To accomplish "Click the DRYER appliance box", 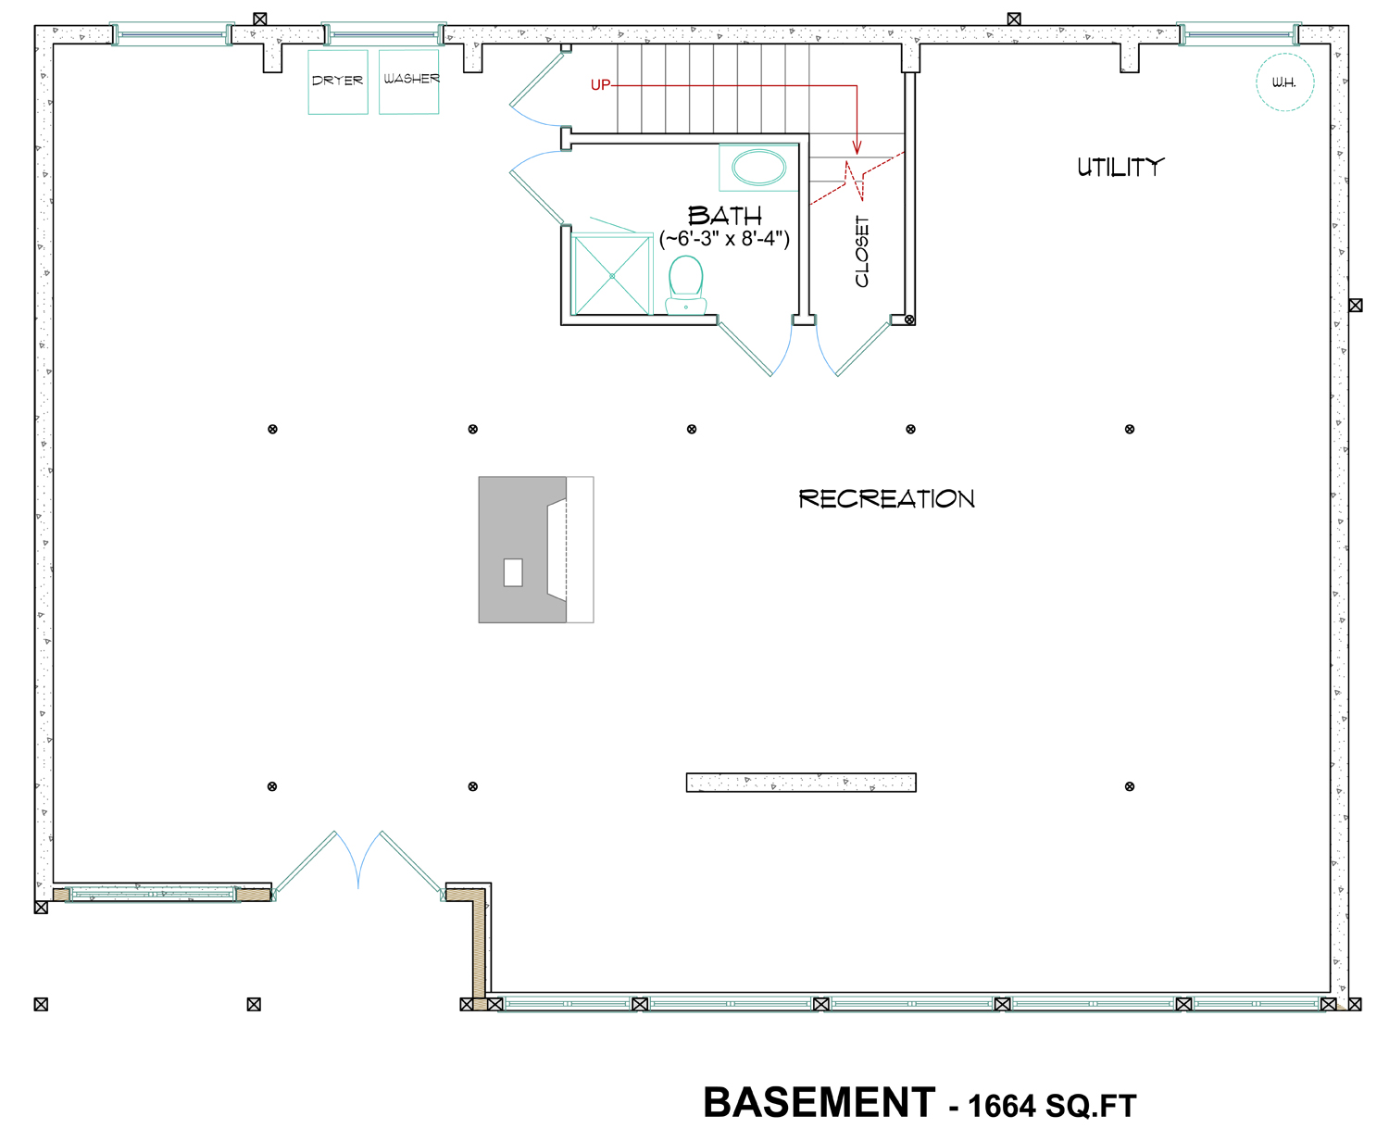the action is coord(337,81).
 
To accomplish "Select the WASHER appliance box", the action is coord(408,81).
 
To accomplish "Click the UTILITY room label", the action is coord(1120,168).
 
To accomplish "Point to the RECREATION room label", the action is coord(886,498).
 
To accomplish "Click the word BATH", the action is coord(724,216).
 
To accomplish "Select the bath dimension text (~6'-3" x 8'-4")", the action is coord(724,238).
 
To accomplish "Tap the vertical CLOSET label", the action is coord(861,251).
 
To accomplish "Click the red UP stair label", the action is coord(600,85).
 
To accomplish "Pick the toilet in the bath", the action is coord(685,284).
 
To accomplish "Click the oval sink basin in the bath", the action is coord(758,168).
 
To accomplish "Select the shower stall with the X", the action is coord(612,275).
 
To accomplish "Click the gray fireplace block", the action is coord(522,549).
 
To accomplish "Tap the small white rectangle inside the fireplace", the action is coord(513,572).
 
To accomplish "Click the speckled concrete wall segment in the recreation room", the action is coord(801,783).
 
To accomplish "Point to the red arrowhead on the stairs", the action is coord(857,147).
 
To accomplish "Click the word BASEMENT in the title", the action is coord(820,1102).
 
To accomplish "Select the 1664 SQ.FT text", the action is coord(1053,1106).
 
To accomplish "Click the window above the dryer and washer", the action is coord(384,33).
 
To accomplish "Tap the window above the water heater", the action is coord(1240,33).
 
